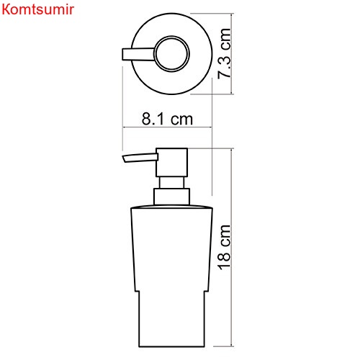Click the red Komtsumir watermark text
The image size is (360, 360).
tap(37, 9)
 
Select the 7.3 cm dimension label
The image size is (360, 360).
tap(225, 53)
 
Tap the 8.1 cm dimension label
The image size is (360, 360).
tap(167, 119)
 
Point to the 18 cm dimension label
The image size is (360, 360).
tap(225, 247)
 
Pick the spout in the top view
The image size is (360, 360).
tap(139, 54)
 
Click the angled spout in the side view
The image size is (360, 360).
tap(140, 158)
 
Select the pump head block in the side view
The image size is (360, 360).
tap(171, 163)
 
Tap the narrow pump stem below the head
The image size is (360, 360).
tap(171, 183)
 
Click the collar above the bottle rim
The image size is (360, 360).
tap(171, 197)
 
